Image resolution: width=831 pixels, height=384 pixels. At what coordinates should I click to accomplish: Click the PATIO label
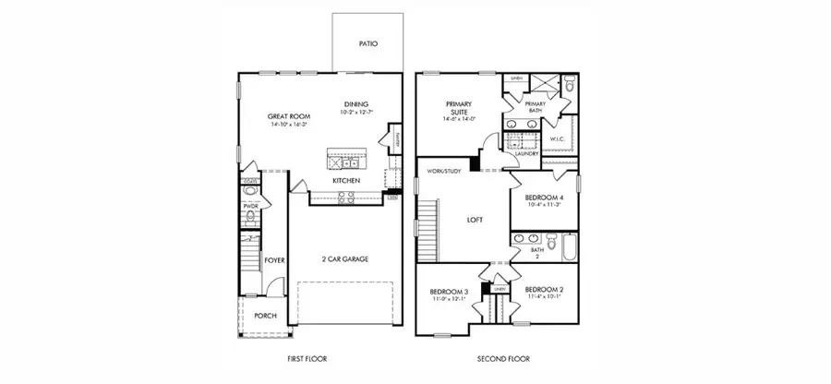point(367,43)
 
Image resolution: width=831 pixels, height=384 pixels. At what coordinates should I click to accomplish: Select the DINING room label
point(356,103)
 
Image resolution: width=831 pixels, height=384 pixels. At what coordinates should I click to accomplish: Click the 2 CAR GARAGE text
point(344,259)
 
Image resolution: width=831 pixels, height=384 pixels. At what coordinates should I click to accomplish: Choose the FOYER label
point(274,260)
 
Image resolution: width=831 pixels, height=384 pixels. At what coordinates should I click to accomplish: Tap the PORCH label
point(265,315)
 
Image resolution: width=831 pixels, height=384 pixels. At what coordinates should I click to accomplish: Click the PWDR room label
point(250,207)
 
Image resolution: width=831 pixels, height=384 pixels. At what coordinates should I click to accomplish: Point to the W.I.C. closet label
point(557,139)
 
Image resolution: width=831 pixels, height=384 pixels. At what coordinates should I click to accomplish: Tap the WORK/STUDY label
point(443,171)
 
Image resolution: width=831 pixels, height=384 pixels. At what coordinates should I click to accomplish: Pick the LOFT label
point(475,221)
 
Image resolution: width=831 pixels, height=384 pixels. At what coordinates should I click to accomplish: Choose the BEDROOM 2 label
point(544,290)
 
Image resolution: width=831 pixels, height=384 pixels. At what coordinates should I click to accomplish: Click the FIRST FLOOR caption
point(307,358)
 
